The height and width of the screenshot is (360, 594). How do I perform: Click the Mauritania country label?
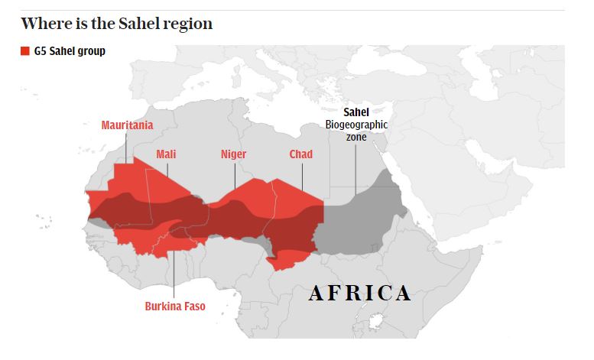click(127, 125)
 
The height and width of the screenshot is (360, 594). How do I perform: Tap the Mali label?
click(166, 154)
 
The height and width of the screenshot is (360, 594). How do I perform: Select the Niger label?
click(233, 154)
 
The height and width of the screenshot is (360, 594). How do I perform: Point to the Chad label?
click(300, 154)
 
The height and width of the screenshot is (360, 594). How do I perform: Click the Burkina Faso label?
click(175, 306)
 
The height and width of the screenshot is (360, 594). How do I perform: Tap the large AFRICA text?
click(360, 293)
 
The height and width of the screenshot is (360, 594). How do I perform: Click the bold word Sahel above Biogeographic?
click(356, 112)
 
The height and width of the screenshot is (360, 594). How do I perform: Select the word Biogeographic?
click(356, 125)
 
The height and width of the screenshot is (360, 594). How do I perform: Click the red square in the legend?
click(25, 52)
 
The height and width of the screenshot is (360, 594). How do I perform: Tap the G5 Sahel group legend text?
click(70, 52)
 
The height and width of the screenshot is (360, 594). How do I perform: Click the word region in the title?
click(187, 24)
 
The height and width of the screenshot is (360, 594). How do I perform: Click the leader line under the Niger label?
click(234, 176)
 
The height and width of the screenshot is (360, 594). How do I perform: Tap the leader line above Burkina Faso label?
click(174, 271)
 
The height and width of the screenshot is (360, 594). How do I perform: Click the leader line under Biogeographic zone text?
click(355, 168)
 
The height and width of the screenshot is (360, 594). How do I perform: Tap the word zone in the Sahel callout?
click(355, 137)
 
